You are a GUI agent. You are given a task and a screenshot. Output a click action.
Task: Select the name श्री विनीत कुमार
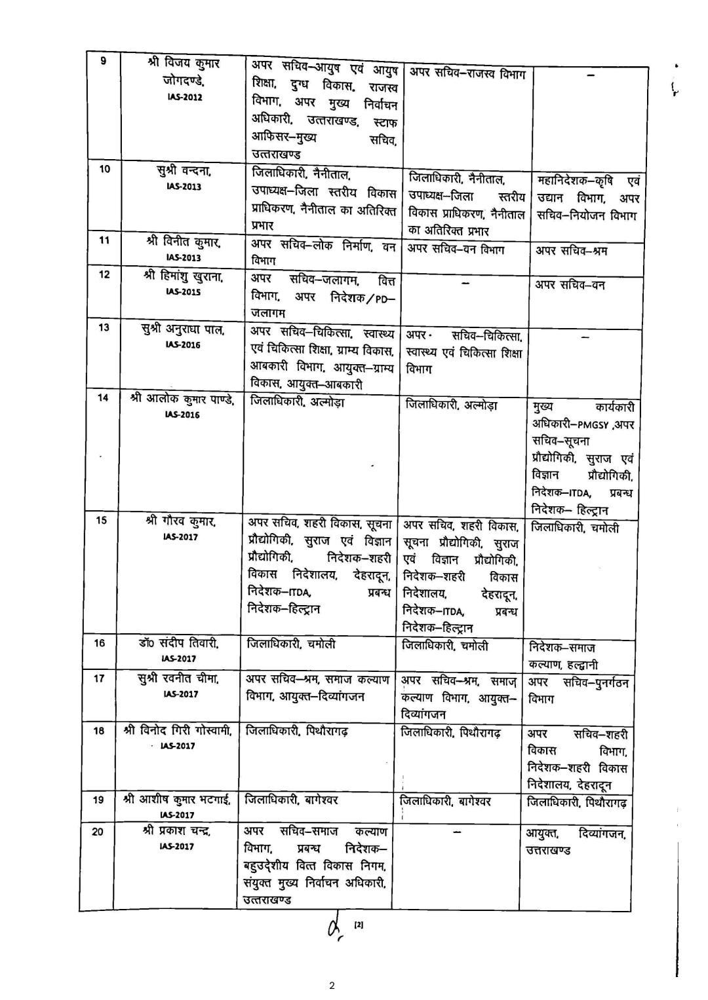click(183, 242)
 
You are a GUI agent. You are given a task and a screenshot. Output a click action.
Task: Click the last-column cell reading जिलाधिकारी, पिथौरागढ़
click(576, 802)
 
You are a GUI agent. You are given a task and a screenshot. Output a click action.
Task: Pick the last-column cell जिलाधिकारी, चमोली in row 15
click(574, 528)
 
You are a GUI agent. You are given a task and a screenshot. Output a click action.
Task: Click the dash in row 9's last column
click(590, 76)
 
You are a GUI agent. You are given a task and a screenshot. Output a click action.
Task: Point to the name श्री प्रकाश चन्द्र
click(177, 831)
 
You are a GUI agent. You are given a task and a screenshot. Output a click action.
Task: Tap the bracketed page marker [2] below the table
click(359, 925)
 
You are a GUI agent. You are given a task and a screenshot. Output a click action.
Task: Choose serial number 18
click(98, 730)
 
